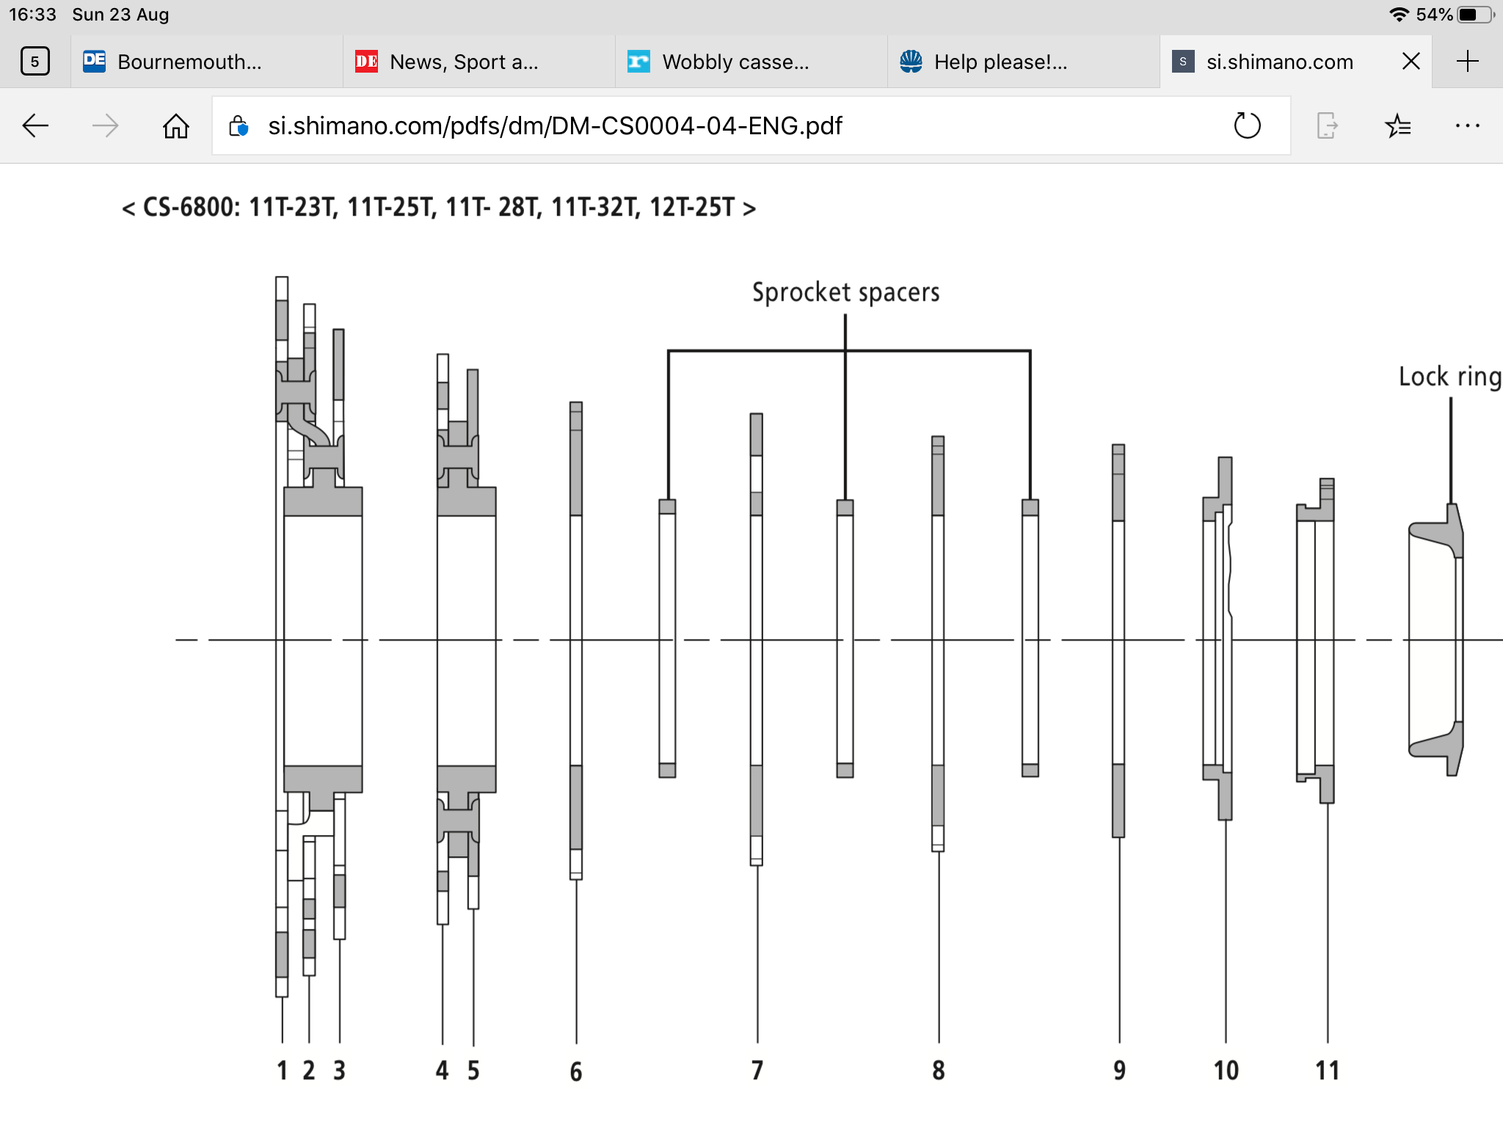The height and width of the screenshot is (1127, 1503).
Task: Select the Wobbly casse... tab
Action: (751, 62)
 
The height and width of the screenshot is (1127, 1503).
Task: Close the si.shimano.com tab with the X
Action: (1411, 62)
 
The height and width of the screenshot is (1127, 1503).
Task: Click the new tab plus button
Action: (1467, 62)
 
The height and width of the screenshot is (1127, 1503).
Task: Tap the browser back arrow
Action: (35, 126)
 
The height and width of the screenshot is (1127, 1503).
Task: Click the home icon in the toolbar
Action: (176, 126)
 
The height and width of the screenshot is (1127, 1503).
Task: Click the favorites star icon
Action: (1398, 126)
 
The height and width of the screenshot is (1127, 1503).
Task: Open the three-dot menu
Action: (1468, 126)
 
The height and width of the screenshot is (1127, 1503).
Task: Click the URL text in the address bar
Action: (555, 126)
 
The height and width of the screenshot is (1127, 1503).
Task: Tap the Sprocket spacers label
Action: (845, 292)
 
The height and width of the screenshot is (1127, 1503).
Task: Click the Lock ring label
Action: (1450, 376)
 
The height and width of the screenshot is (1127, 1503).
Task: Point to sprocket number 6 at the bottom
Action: (576, 1071)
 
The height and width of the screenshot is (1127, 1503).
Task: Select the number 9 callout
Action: (1119, 1071)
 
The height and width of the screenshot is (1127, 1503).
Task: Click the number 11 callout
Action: (1327, 1071)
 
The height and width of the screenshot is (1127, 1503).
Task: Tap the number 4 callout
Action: (442, 1071)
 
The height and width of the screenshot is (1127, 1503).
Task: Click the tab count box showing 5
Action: (35, 62)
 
